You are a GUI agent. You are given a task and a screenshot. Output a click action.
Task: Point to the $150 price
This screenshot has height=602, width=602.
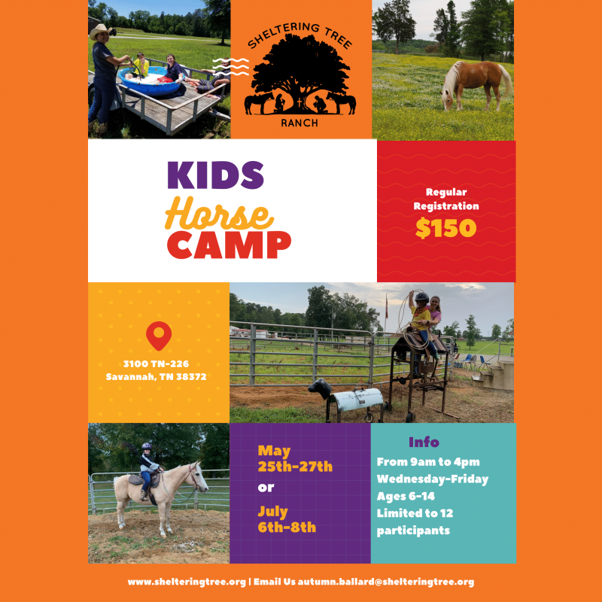click(x=445, y=229)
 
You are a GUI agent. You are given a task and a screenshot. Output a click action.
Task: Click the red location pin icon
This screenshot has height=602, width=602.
click(x=158, y=336)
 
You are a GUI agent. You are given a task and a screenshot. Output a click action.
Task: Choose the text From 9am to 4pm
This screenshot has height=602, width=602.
click(x=428, y=461)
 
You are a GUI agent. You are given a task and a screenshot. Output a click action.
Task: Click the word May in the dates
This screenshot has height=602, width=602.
click(x=274, y=451)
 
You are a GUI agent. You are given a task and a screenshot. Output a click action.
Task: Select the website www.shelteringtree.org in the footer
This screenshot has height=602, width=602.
click(x=187, y=582)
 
